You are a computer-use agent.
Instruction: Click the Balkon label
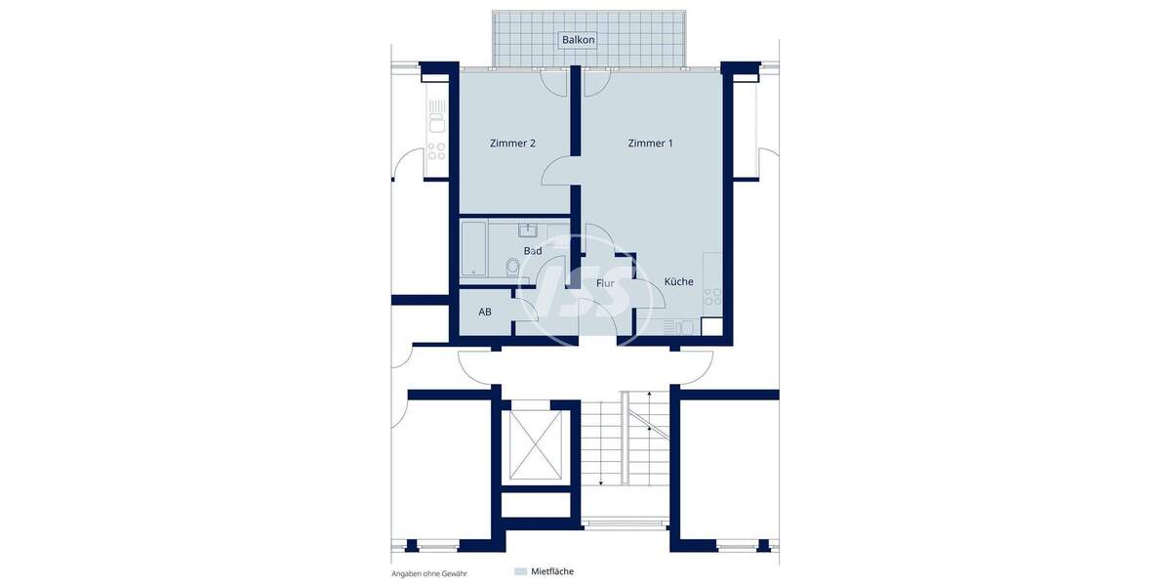[578, 40]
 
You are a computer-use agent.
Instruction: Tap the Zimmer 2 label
[512, 144]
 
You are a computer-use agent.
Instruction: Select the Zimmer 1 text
[650, 144]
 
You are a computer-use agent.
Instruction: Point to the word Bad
[533, 251]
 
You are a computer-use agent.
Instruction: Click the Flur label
[605, 283]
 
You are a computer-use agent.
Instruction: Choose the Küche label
[679, 281]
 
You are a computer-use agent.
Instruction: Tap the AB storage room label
[485, 313]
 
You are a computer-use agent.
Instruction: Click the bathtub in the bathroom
[473, 248]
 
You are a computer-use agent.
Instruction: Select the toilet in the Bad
[513, 267]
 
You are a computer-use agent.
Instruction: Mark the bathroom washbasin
[528, 230]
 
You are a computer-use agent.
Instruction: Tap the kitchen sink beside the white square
[680, 327]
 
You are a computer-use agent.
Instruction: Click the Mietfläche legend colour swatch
[520, 571]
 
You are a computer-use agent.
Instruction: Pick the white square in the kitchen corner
[711, 328]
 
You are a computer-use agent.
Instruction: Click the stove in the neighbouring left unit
[435, 151]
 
